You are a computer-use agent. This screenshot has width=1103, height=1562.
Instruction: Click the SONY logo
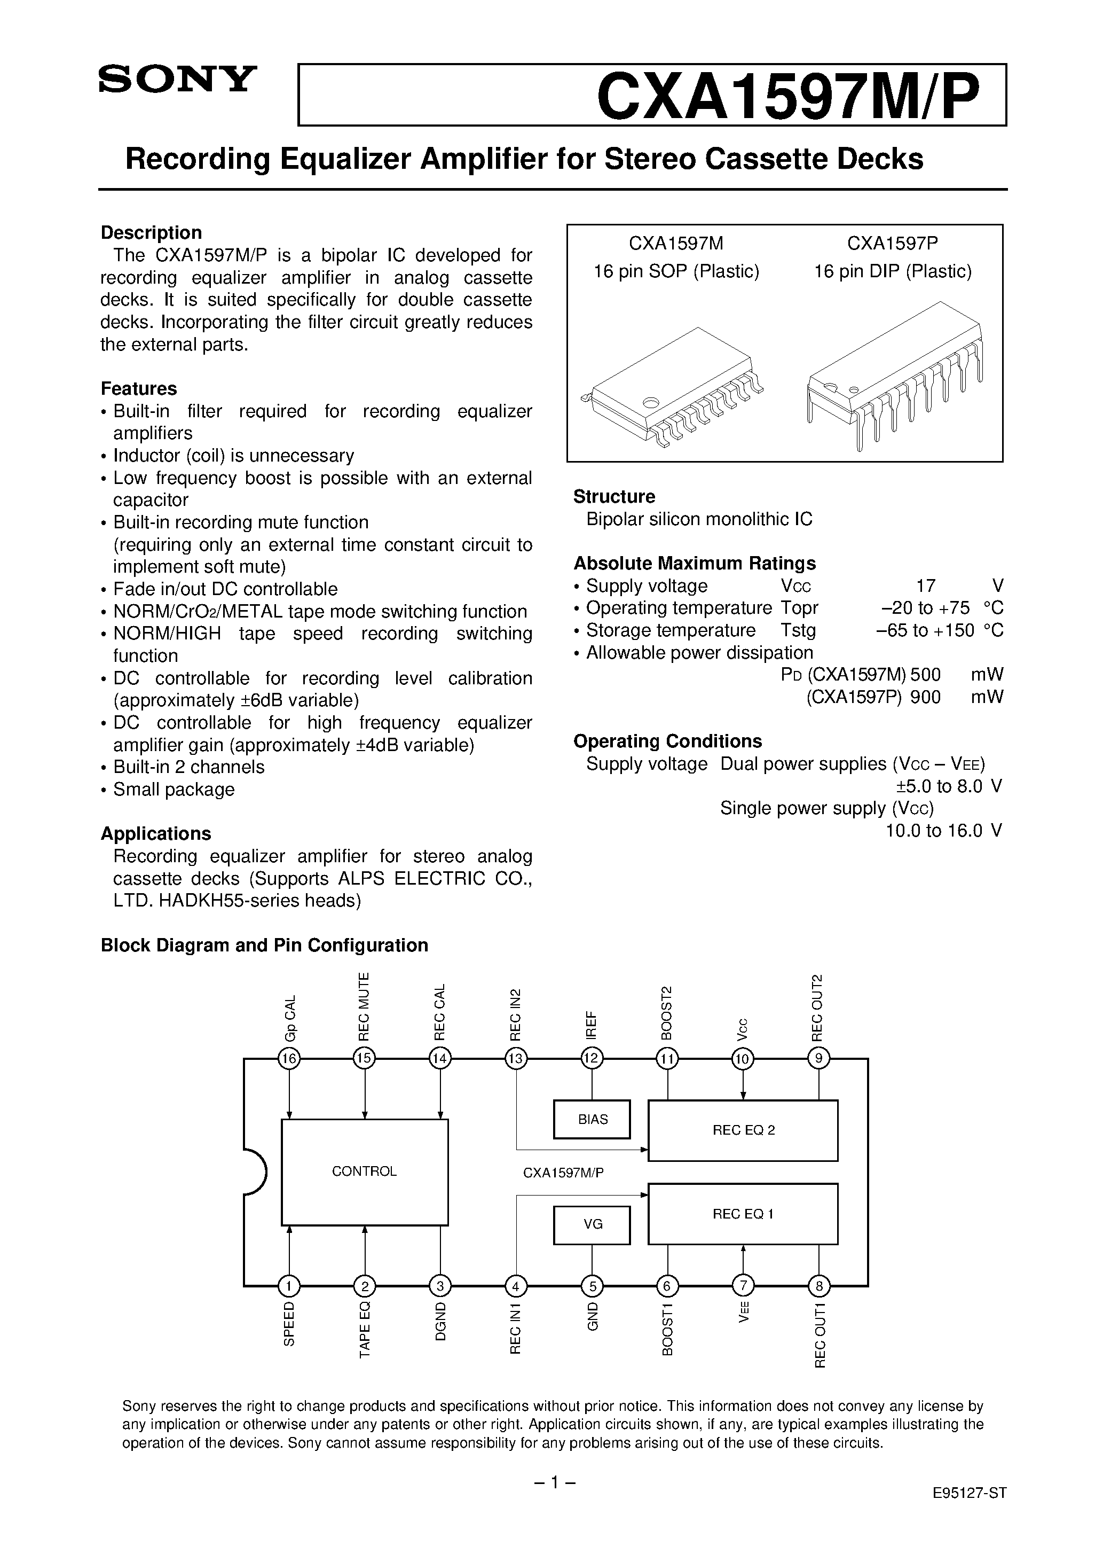point(177,80)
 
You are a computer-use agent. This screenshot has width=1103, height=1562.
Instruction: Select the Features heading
point(139,388)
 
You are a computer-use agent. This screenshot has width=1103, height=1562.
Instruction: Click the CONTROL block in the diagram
point(365,1171)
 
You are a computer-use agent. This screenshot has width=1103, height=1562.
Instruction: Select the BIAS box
point(592,1119)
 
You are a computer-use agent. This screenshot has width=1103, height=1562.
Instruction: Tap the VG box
point(592,1224)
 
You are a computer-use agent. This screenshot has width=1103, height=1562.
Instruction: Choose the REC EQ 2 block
point(743,1130)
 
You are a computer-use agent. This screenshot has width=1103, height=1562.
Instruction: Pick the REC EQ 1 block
point(743,1214)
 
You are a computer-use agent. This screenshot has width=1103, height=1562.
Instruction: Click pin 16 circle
point(290,1059)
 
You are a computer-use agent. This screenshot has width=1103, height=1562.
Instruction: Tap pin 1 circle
point(290,1286)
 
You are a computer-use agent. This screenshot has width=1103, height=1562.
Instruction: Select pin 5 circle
point(592,1286)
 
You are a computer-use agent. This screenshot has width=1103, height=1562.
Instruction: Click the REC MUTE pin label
point(365,1007)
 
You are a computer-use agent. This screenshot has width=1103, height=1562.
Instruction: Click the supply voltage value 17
point(926,585)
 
